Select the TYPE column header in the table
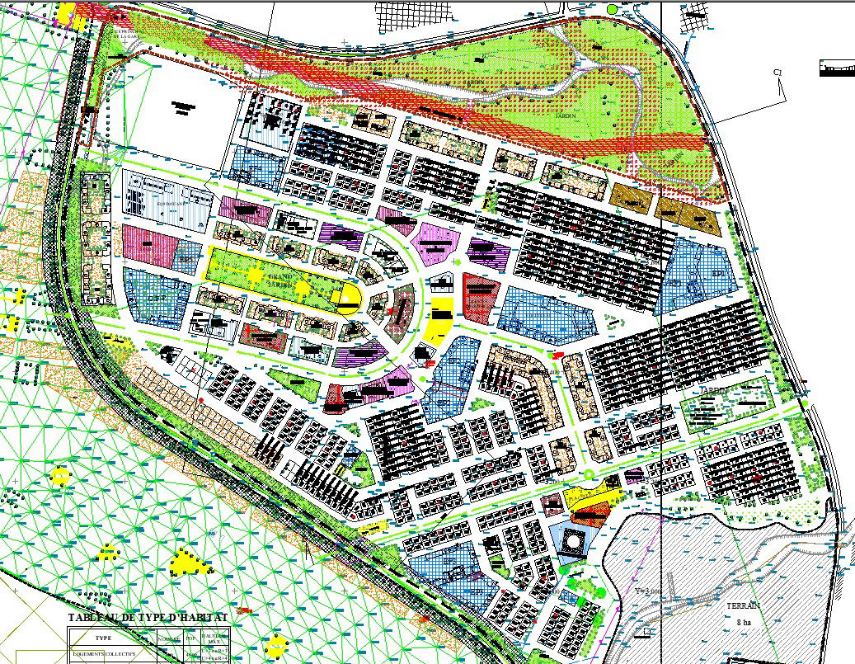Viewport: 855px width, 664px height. point(103,638)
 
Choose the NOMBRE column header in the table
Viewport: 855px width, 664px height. point(168,639)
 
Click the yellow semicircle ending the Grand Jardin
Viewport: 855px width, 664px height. point(350,299)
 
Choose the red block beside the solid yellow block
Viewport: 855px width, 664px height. point(478,296)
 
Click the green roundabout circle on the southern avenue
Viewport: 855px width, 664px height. point(588,474)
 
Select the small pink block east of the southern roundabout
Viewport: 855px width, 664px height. point(633,475)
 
